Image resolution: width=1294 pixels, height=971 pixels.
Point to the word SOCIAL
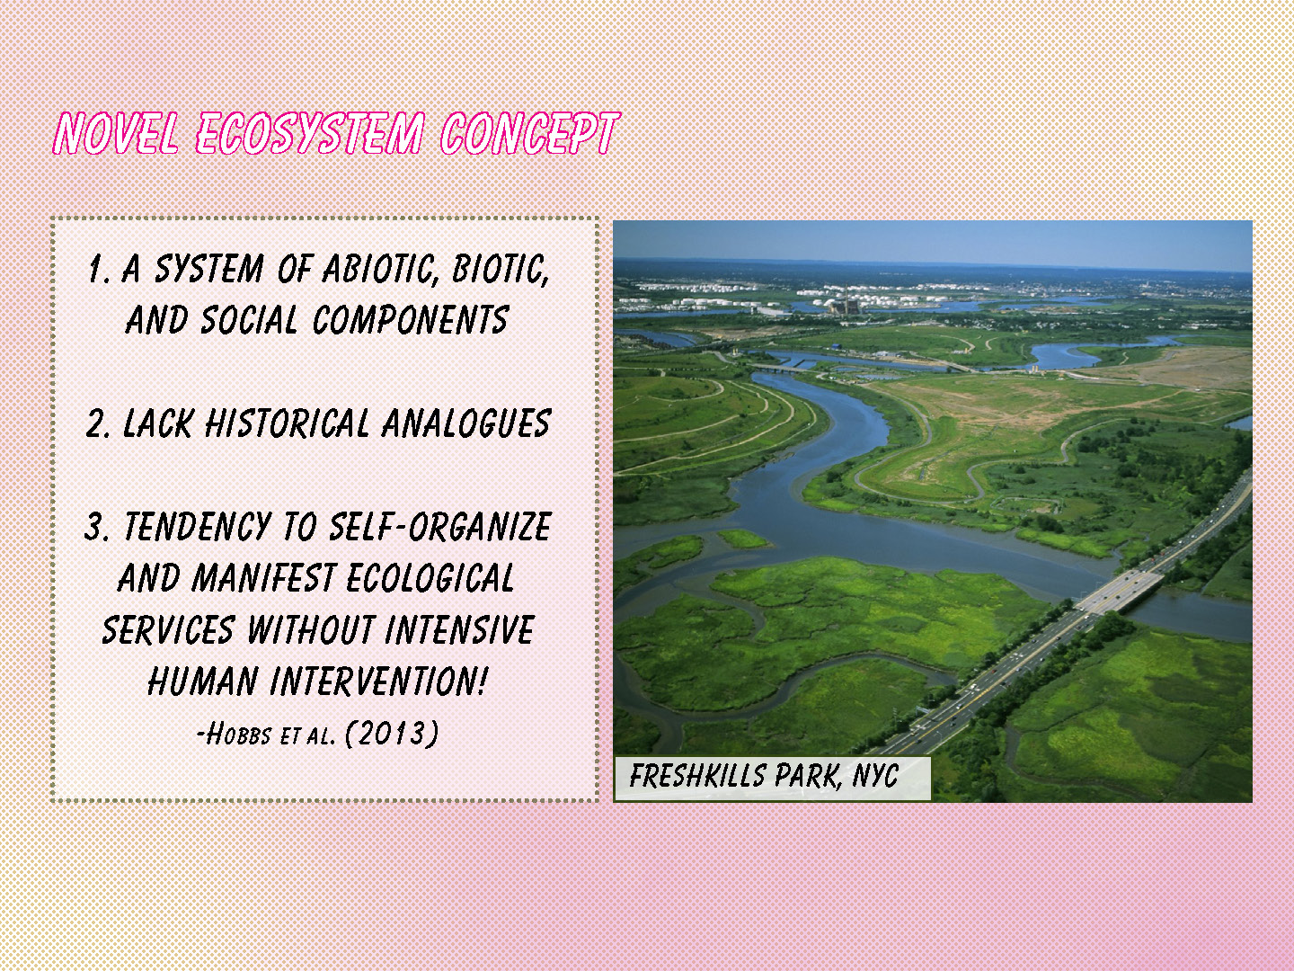[x=249, y=320]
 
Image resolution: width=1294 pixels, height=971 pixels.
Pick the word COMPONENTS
[x=411, y=320]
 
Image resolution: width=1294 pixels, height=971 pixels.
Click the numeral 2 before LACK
[x=95, y=423]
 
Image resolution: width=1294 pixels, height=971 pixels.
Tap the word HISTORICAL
[x=287, y=423]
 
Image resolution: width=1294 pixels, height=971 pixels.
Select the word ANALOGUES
[x=466, y=423]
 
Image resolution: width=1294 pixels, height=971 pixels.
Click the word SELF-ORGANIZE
[x=439, y=527]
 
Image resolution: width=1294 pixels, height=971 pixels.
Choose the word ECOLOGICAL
[x=430, y=578]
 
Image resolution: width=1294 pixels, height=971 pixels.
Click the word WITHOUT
[x=311, y=629]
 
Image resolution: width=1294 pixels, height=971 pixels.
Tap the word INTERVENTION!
[x=378, y=681]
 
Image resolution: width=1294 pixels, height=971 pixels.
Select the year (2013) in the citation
[x=392, y=734]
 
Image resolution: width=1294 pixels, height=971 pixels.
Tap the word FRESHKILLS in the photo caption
[x=697, y=775]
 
